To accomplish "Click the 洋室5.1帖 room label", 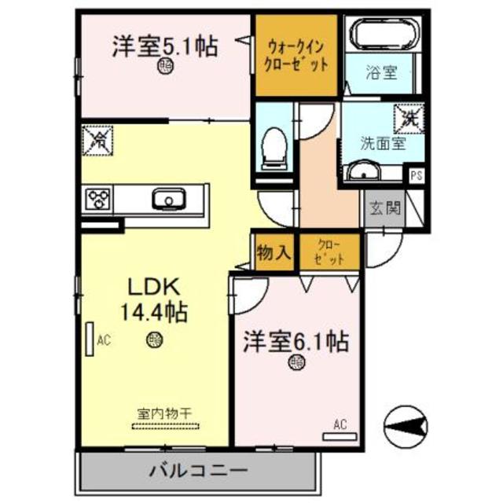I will (164, 46).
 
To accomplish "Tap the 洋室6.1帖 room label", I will (296, 342).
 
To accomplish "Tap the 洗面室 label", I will (382, 144).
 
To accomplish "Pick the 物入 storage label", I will (274, 252).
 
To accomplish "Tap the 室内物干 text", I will (167, 413).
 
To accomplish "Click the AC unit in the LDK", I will (89, 340).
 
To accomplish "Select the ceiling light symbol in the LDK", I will (154, 340).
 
